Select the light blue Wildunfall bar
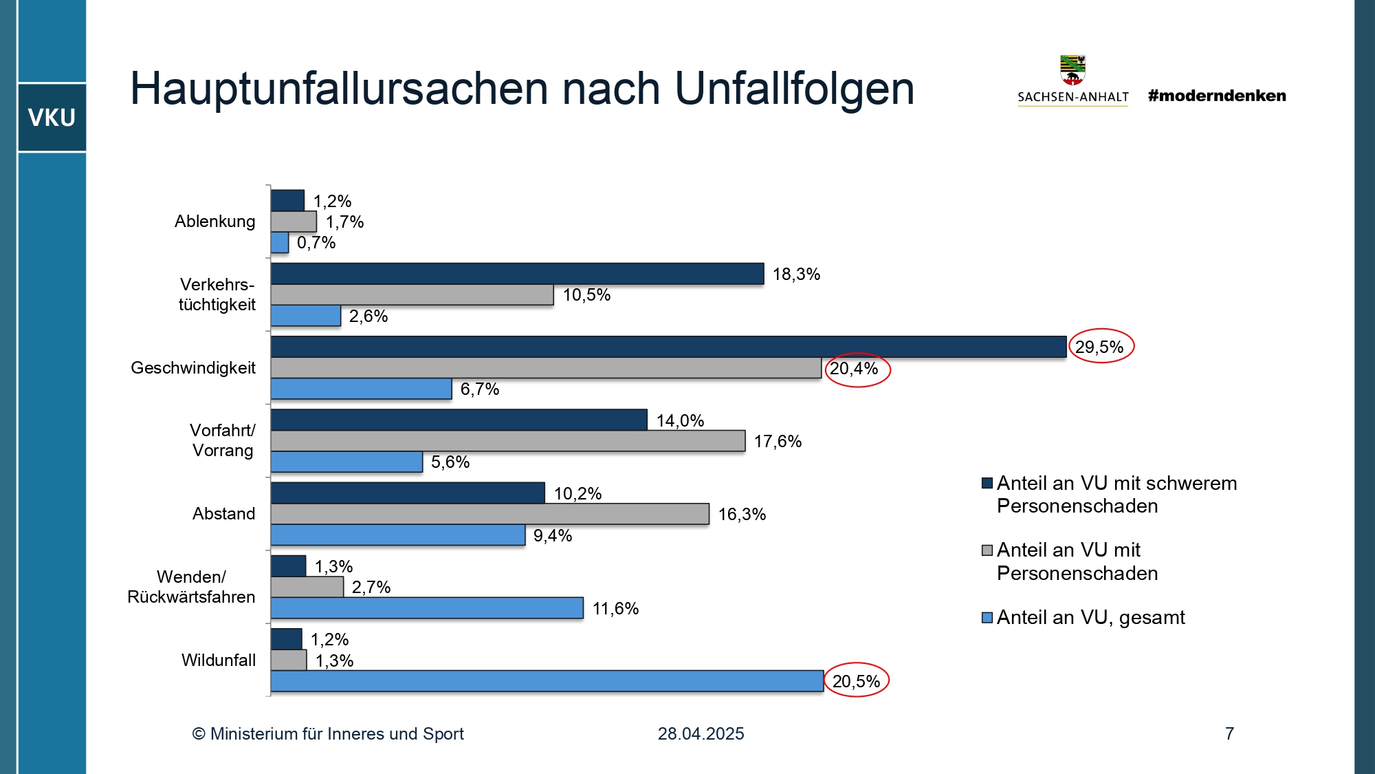pyautogui.click(x=547, y=681)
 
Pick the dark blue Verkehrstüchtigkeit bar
pyautogui.click(x=517, y=274)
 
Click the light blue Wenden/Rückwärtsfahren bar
pyautogui.click(x=427, y=608)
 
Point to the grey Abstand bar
pyautogui.click(x=489, y=514)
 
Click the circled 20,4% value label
pyautogui.click(x=855, y=369)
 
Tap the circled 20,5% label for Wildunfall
pyautogui.click(x=856, y=681)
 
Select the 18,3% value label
pyautogui.click(x=796, y=275)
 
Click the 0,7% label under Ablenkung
pyautogui.click(x=316, y=243)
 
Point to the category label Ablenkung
pyautogui.click(x=214, y=222)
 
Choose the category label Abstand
pyautogui.click(x=223, y=514)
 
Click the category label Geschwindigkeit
pyautogui.click(x=193, y=368)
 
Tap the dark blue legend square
pyautogui.click(x=987, y=483)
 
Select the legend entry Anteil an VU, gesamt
pyautogui.click(x=1090, y=618)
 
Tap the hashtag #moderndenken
pyautogui.click(x=1217, y=96)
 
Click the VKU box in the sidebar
pyautogui.click(x=52, y=118)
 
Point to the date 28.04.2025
pyautogui.click(x=701, y=734)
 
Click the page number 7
pyautogui.click(x=1229, y=734)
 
